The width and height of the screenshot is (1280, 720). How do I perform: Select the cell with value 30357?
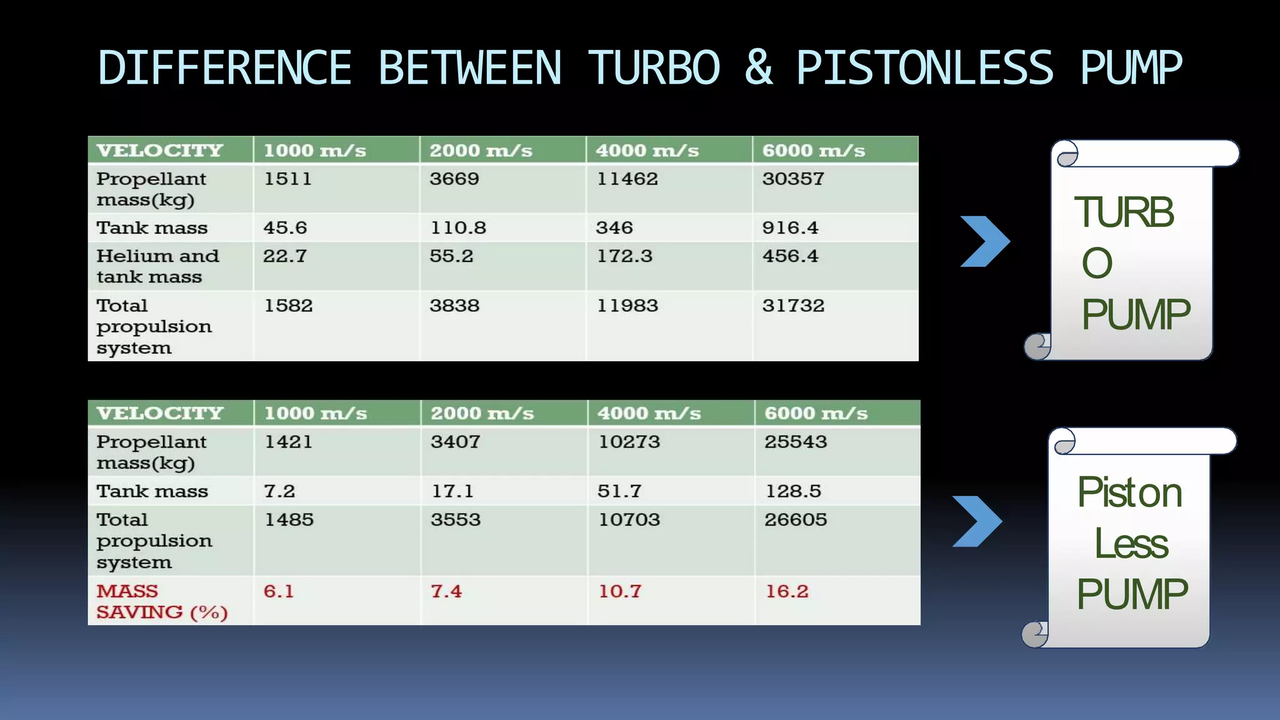point(793,179)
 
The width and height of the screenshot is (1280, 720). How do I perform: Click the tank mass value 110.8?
point(457,227)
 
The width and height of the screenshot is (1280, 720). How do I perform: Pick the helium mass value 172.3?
point(624,256)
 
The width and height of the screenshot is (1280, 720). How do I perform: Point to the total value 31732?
point(793,306)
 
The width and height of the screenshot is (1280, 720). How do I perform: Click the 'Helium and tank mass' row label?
point(157,266)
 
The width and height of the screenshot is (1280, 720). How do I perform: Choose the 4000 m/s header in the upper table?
point(647,151)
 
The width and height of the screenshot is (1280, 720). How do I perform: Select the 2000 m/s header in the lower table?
point(482,413)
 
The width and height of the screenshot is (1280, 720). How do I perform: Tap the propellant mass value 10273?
point(629,442)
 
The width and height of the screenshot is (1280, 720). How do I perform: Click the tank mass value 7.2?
point(279,491)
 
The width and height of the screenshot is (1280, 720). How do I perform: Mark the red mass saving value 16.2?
point(787,591)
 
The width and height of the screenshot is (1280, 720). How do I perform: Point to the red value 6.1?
point(278,591)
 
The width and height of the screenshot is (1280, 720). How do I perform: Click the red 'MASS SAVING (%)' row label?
point(161,601)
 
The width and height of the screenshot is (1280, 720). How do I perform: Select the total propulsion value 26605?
point(796,519)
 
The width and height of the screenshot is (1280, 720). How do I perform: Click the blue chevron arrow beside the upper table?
point(984,241)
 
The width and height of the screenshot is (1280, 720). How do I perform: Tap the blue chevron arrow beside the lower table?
point(977,521)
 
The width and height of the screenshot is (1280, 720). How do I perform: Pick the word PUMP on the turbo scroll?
point(1136,314)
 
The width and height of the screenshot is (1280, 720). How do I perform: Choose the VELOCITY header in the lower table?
point(160,413)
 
